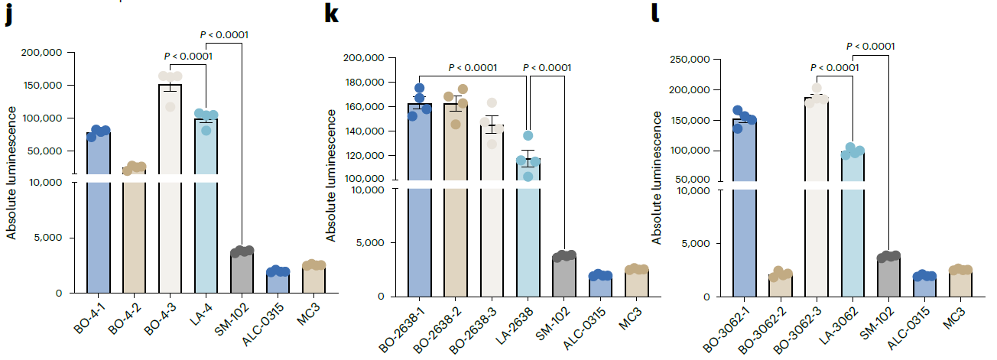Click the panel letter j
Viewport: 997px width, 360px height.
(x=8, y=17)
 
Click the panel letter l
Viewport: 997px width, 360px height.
(x=654, y=15)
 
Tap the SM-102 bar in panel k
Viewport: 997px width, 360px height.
(x=564, y=277)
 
